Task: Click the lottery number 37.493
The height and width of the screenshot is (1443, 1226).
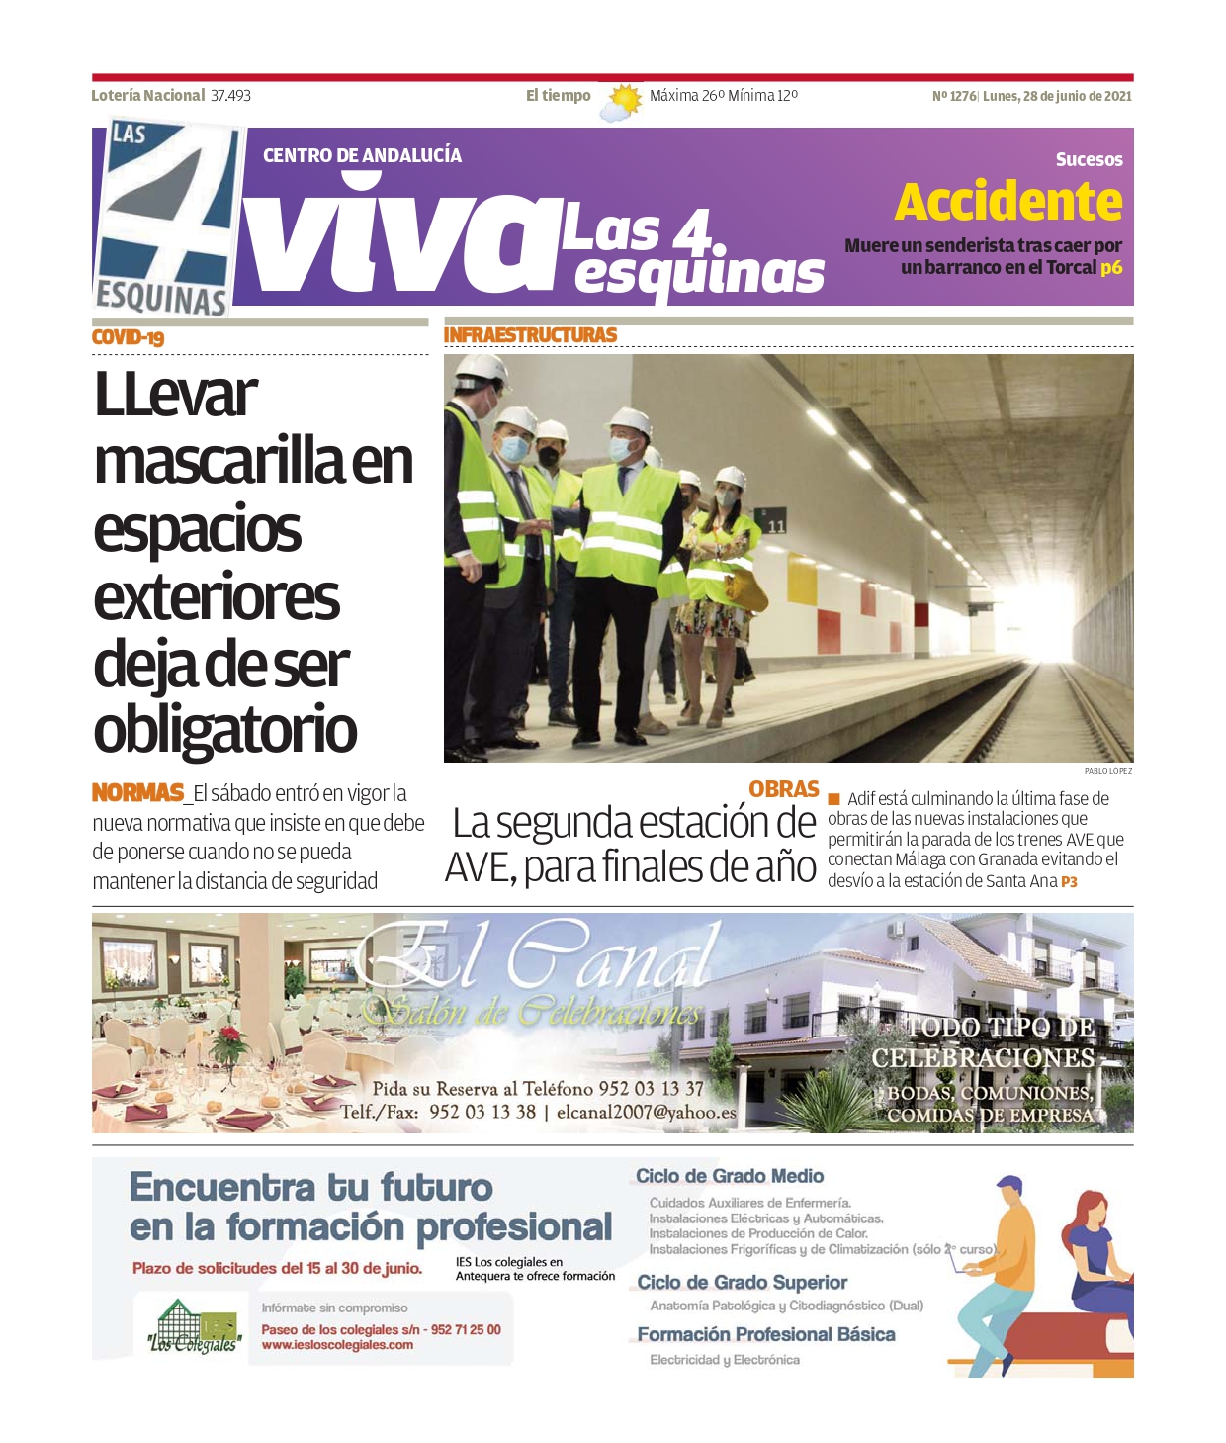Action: coord(230,96)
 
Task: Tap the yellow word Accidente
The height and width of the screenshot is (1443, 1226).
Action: coord(1008,203)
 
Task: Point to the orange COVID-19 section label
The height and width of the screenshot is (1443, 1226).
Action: coord(128,338)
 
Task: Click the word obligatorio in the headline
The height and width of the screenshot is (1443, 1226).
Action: coord(225,730)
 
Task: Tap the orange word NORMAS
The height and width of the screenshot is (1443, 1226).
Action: coord(137,792)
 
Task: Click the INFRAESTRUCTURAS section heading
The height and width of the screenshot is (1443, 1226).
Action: coord(530,335)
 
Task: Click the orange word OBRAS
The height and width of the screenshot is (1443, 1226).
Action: coord(783,789)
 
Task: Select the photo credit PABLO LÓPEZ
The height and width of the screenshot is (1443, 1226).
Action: coord(1107,771)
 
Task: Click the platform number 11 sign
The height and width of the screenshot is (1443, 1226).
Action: coord(776,526)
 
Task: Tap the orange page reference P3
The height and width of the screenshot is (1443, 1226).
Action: coord(1069,881)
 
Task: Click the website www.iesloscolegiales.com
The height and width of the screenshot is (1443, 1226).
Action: coord(337,1345)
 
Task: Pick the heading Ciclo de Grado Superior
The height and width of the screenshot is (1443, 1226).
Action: coord(742,1283)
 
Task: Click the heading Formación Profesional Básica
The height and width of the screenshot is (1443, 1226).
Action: coord(765,1334)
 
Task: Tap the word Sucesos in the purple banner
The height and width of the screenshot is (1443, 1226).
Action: coord(1089,159)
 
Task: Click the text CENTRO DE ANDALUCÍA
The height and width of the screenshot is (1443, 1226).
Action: coord(362,155)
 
